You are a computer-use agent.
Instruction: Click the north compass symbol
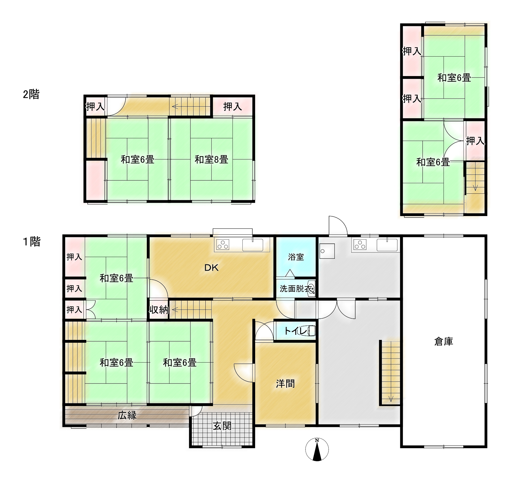tap(317, 449)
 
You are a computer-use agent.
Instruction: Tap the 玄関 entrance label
tap(222, 426)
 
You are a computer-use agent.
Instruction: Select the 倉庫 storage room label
tap(444, 342)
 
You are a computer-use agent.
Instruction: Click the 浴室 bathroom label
tap(296, 257)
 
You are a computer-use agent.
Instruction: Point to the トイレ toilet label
tap(296, 331)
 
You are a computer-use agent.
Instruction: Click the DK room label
tap(212, 268)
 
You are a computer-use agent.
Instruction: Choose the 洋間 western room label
tap(285, 384)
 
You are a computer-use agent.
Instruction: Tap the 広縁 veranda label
tap(127, 415)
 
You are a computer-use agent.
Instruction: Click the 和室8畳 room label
tap(211, 159)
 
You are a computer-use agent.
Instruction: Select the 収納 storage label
tap(159, 310)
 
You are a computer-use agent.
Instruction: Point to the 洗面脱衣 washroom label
tap(296, 288)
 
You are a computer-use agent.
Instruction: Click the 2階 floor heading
tap(31, 94)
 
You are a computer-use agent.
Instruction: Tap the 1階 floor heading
tap(31, 241)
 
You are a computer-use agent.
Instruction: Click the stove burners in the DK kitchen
tap(223, 245)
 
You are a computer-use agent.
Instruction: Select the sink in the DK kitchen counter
tap(253, 245)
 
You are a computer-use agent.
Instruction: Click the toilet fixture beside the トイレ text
tap(311, 331)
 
